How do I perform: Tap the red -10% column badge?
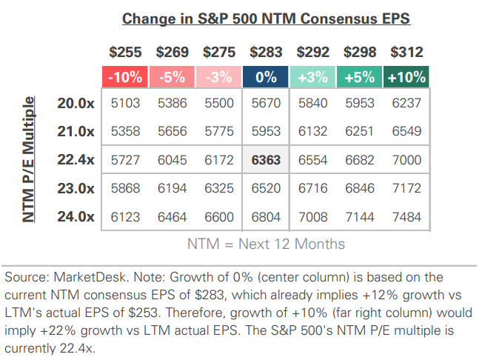click(126, 76)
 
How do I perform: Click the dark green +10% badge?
click(406, 76)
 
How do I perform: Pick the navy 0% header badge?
click(267, 76)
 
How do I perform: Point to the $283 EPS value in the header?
click(267, 53)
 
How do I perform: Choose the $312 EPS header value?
click(406, 53)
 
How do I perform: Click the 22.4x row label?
click(76, 160)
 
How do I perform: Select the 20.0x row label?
click(76, 104)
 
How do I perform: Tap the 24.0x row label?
click(76, 216)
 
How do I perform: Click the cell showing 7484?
click(406, 216)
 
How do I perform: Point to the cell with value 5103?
click(126, 104)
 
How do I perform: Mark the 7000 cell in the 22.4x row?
click(406, 160)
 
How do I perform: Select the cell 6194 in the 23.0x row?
click(173, 188)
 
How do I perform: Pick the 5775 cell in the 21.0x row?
click(219, 132)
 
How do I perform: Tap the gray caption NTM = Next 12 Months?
click(266, 243)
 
